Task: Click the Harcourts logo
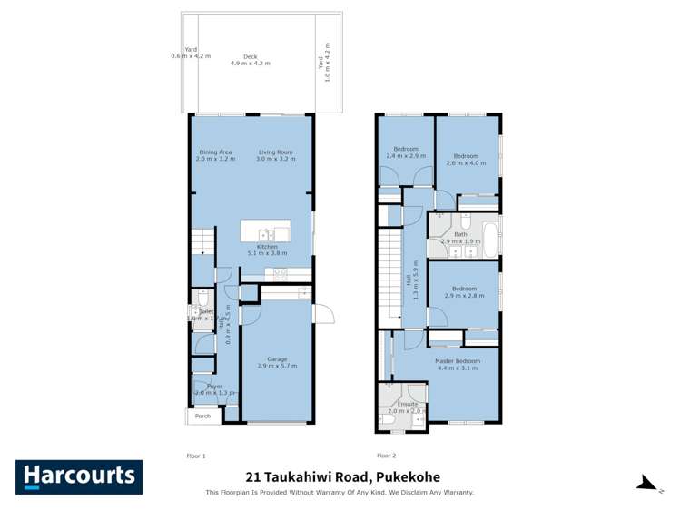click(78, 476)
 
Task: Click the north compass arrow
click(646, 483)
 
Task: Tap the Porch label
click(203, 417)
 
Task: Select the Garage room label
click(277, 358)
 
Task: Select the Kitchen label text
click(266, 247)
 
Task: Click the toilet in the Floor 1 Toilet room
click(204, 299)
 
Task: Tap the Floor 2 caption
click(386, 456)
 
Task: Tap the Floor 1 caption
click(196, 456)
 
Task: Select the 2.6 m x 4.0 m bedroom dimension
click(469, 163)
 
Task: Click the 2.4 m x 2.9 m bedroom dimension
click(405, 156)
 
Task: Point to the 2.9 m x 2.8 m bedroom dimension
click(464, 296)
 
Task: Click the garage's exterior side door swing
click(324, 315)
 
